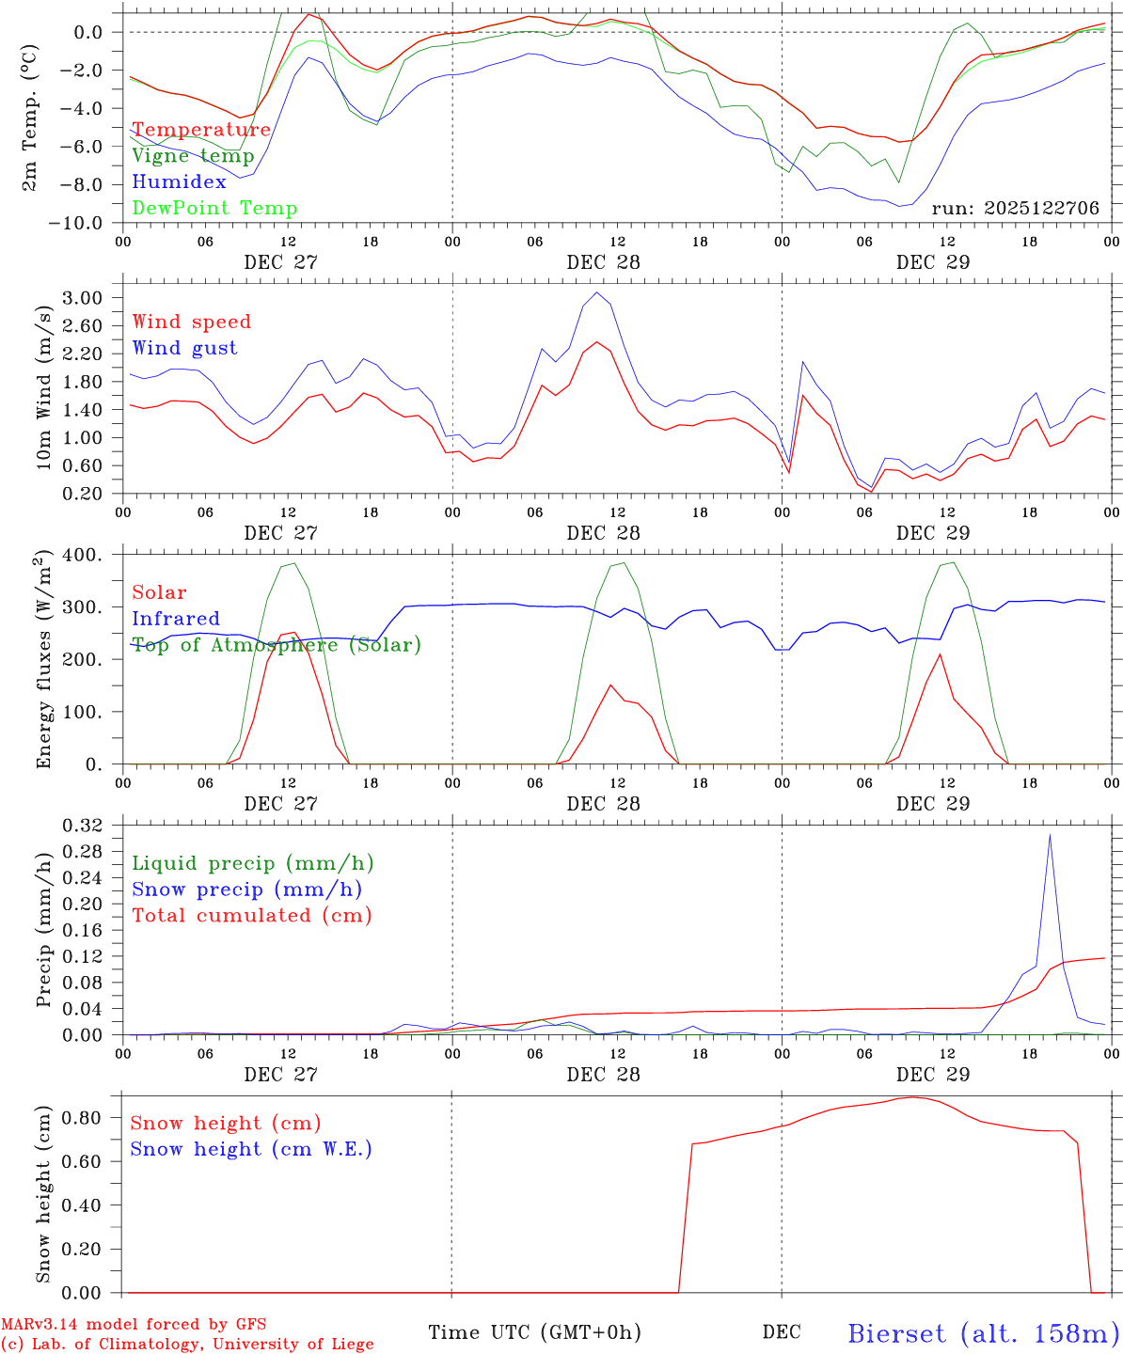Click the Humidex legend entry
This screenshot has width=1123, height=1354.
click(179, 182)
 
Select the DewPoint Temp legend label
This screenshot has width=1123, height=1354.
click(214, 209)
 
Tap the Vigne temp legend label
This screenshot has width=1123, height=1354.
click(193, 156)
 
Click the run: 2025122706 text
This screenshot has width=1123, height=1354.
click(1015, 209)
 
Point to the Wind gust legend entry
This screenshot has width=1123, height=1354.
click(184, 348)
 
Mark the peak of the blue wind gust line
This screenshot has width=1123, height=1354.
click(596, 292)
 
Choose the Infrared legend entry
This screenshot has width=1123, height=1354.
click(176, 619)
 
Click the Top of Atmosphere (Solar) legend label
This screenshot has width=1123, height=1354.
click(277, 645)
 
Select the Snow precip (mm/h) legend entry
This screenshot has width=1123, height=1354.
click(246, 890)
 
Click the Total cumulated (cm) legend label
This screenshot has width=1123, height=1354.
click(252, 916)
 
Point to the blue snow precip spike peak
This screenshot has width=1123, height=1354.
click(1050, 835)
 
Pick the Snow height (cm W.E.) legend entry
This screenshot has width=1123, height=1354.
click(251, 1149)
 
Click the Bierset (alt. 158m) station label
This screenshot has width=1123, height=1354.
click(983, 1332)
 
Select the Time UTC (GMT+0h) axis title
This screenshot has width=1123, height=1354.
click(534, 1332)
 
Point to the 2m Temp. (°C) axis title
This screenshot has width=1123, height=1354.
click(30, 120)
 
